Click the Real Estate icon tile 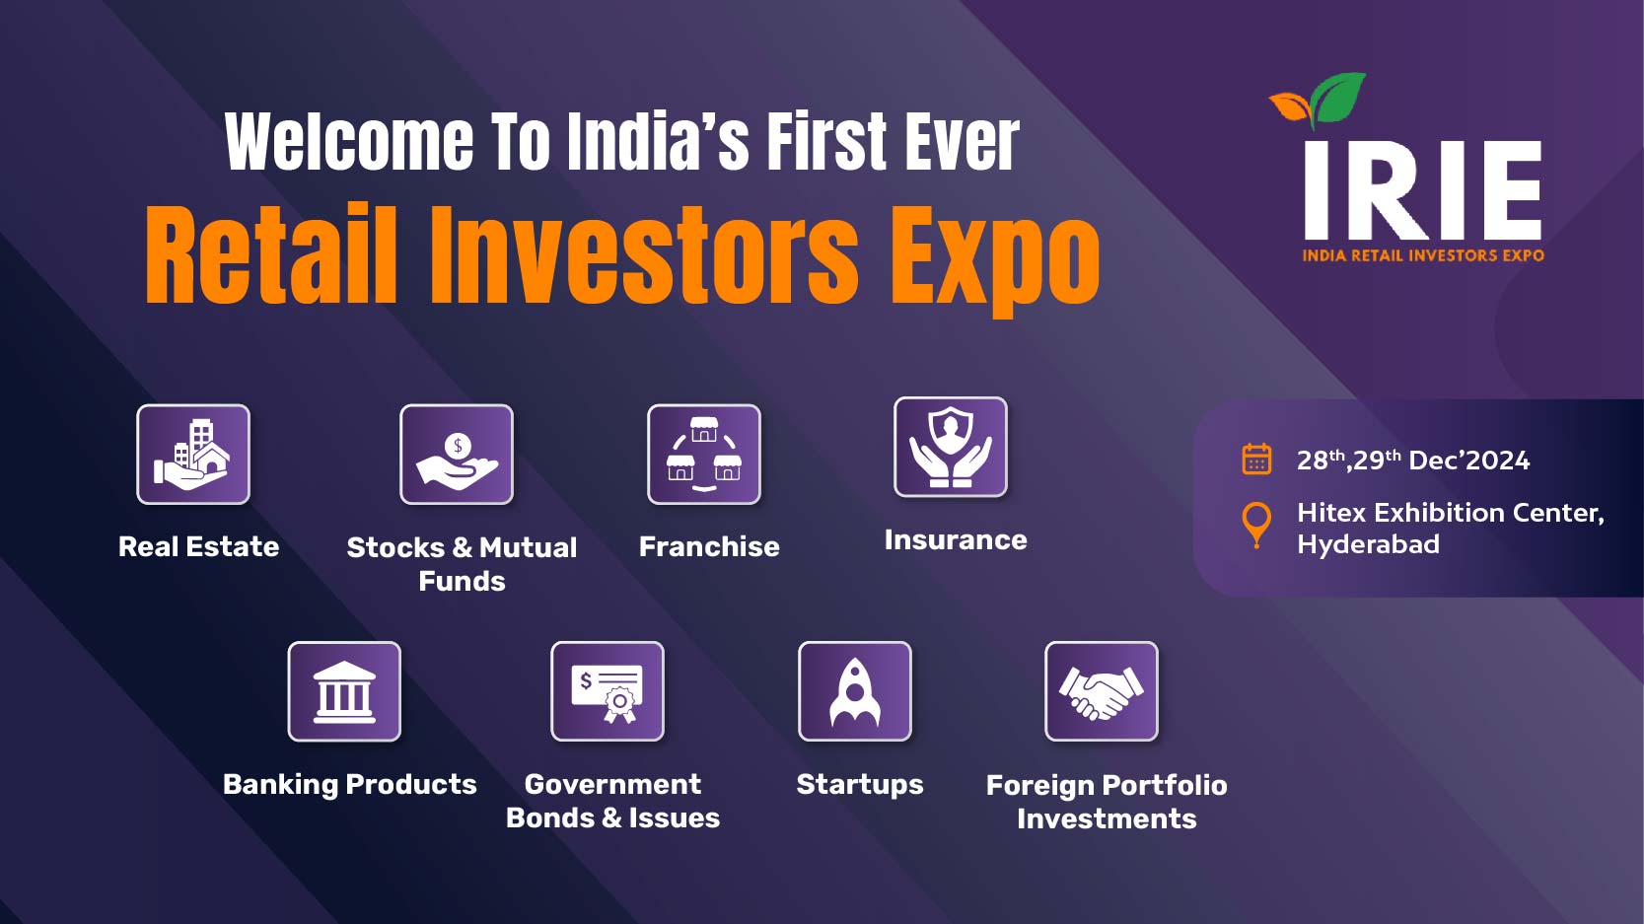coord(193,455)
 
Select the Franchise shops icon coord(704,455)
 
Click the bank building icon coord(344,691)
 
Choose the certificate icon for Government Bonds coord(608,691)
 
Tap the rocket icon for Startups coord(855,691)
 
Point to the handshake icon coord(1102,691)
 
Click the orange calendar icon coord(1256,460)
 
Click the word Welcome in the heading coord(350,142)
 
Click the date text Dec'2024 coord(1469,461)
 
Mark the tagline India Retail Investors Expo coord(1423,255)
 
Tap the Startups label coord(859,785)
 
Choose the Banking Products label coord(349,784)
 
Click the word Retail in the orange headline coord(271,254)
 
